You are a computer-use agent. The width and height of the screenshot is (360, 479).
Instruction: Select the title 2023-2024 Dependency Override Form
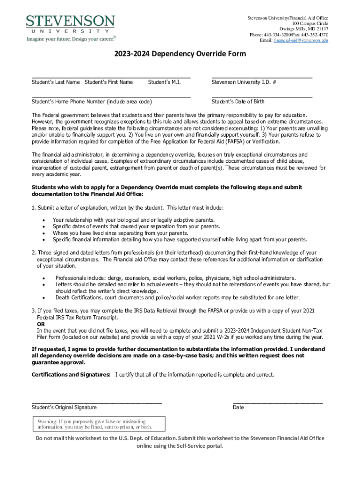click(x=180, y=54)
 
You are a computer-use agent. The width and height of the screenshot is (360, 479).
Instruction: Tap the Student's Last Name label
click(x=56, y=82)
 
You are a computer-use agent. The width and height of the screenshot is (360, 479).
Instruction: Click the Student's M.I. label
click(x=164, y=82)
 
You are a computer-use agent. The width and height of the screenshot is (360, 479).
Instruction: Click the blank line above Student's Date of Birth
click(x=262, y=97)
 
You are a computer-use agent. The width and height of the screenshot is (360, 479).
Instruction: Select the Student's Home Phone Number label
click(x=91, y=102)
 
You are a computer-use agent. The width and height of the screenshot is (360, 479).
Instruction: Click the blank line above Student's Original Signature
click(x=96, y=402)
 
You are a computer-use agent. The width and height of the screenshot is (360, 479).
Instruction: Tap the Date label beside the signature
click(x=238, y=407)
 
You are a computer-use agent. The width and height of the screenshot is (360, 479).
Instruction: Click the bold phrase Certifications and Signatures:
click(x=71, y=375)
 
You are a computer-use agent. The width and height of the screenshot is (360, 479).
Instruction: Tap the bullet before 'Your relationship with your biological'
click(x=43, y=220)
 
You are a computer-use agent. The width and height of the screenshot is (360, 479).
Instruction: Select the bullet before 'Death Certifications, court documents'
click(x=43, y=298)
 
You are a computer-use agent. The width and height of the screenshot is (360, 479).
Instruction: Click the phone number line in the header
click(x=288, y=35)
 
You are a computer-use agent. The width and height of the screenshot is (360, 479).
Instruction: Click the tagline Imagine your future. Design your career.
click(x=71, y=39)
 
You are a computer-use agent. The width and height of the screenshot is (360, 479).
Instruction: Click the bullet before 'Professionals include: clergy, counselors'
click(x=43, y=278)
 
